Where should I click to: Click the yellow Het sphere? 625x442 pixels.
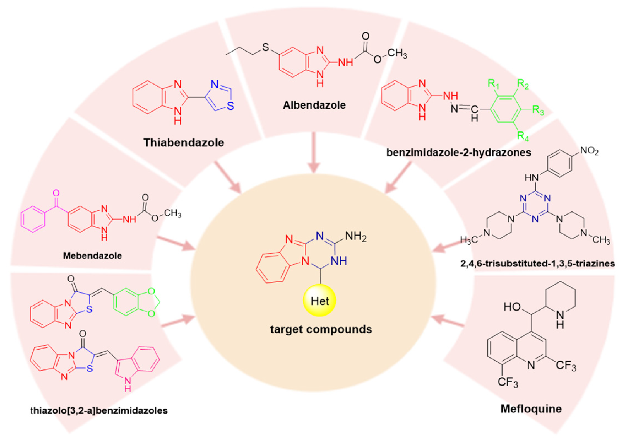(319, 301)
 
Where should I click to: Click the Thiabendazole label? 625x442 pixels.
(184, 143)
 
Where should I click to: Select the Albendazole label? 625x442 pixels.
(314, 105)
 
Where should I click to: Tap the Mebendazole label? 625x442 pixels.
(92, 256)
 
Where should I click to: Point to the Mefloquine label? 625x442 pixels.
(531, 409)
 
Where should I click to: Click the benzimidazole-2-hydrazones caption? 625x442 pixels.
(459, 153)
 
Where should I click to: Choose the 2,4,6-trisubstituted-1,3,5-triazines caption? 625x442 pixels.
(537, 263)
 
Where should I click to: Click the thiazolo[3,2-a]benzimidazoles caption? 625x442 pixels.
(100, 410)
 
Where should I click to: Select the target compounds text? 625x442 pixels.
(321, 329)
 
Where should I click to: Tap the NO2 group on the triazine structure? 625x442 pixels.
(589, 151)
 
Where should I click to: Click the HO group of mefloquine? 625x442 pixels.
(512, 307)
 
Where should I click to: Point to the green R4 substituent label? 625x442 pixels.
(523, 136)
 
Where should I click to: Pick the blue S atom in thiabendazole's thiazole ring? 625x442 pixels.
(230, 106)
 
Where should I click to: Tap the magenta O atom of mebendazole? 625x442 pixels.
(56, 193)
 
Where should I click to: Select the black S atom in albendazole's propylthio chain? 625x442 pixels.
(265, 47)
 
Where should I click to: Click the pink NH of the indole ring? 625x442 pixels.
(128, 384)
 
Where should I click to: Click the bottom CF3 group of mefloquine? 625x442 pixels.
(508, 382)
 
